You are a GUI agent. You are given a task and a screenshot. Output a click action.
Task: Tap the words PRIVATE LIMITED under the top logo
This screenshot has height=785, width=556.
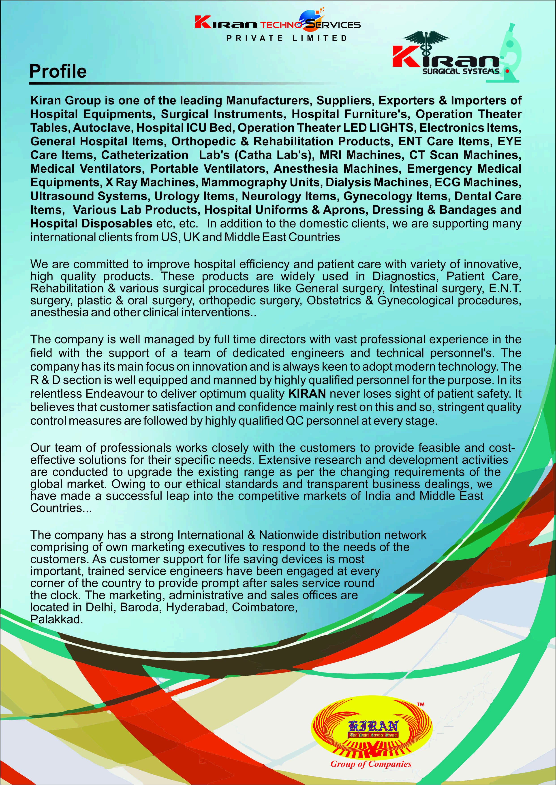(287, 38)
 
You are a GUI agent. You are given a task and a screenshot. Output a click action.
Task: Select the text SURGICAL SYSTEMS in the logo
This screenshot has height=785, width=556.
(460, 71)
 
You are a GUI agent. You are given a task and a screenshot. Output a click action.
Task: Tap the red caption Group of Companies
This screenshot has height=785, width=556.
(371, 764)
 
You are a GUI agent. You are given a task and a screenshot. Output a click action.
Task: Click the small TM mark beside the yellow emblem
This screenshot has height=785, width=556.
(421, 704)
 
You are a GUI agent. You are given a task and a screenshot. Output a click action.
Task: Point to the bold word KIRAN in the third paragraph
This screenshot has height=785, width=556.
(307, 394)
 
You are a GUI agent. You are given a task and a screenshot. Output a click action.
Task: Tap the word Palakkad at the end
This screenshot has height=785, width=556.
(56, 619)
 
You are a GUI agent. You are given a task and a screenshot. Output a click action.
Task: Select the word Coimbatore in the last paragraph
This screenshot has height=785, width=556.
(264, 607)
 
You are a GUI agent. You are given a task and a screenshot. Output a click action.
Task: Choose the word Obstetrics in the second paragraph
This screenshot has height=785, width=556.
(334, 300)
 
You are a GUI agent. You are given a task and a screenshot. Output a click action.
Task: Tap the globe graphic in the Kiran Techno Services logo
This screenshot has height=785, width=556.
(309, 20)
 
